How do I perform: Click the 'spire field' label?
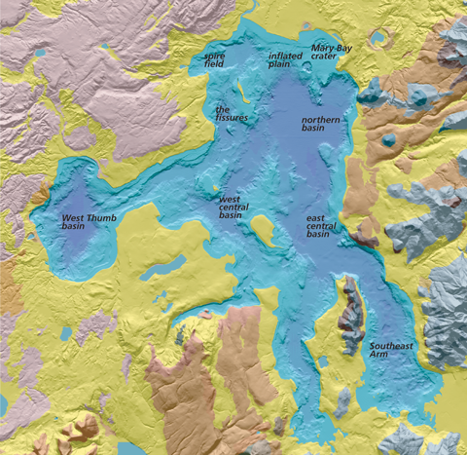pyautogui.click(x=215, y=61)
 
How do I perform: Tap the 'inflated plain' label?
pyautogui.click(x=285, y=59)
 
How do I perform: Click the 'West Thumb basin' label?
pyautogui.click(x=88, y=222)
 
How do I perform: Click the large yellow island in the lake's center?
pyautogui.click(x=262, y=230)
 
